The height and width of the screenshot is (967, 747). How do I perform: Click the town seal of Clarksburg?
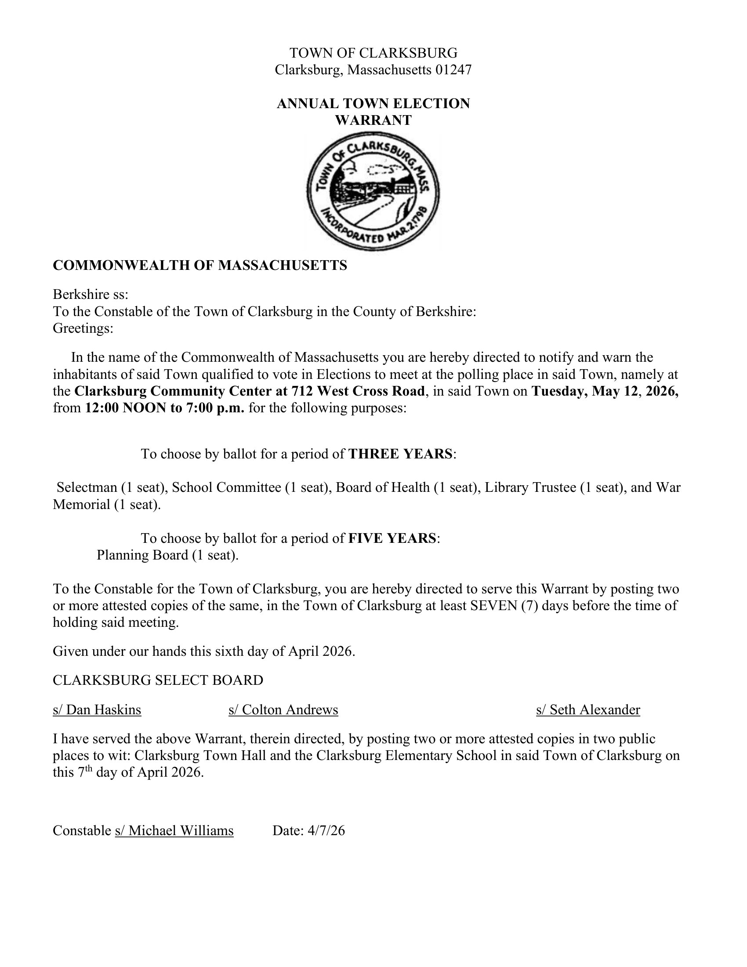click(x=373, y=192)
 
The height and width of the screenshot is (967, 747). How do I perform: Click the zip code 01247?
click(x=453, y=70)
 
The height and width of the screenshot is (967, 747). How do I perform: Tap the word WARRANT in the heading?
click(x=373, y=120)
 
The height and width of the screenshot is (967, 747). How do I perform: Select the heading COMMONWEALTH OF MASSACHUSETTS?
click(x=199, y=265)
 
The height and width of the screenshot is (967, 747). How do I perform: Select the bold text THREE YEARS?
click(x=400, y=454)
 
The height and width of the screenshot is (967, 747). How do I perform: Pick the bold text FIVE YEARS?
click(x=392, y=538)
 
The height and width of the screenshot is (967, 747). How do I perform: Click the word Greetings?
click(x=83, y=328)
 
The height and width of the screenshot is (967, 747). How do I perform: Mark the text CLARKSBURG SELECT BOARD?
click(x=158, y=680)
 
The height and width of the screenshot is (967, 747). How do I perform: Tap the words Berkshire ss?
click(x=91, y=294)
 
